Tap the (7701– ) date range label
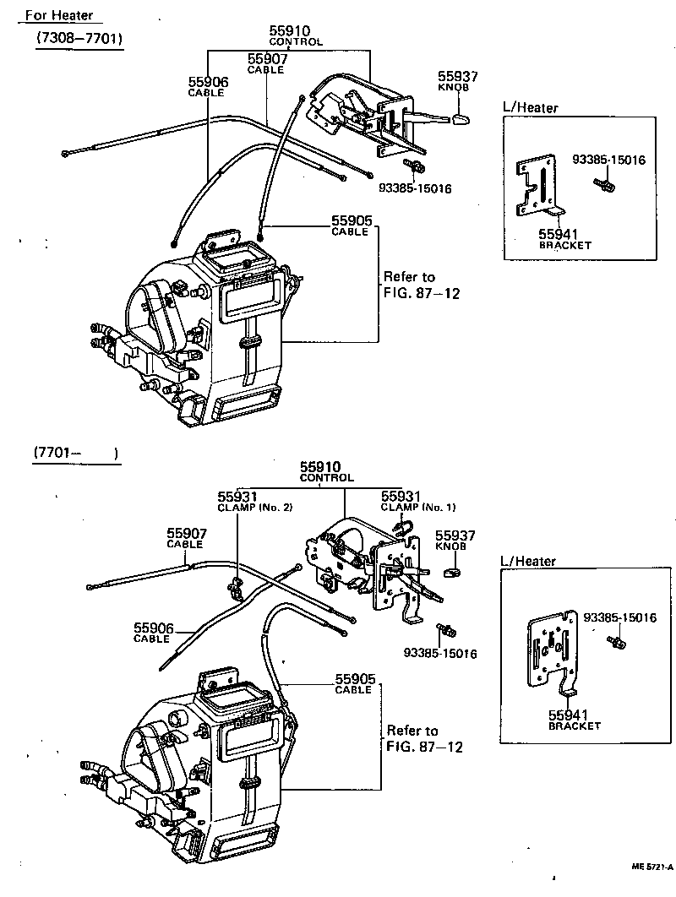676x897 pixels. (x=75, y=454)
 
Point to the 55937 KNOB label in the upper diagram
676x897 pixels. (x=458, y=80)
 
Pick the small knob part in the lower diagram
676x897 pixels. (x=451, y=574)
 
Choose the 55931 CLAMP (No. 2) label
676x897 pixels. (x=243, y=502)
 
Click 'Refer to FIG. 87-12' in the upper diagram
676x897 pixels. (x=410, y=285)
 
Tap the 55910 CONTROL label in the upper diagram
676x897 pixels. (x=296, y=35)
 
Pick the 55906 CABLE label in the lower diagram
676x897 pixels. (x=153, y=633)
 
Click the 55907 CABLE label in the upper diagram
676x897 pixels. (x=267, y=63)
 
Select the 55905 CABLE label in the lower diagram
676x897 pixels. (x=354, y=683)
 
